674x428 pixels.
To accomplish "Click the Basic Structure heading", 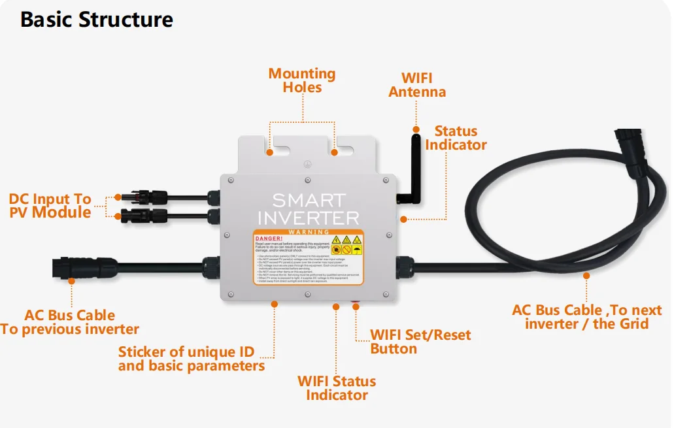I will point(97,20).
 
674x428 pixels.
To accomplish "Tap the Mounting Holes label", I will point(302,80).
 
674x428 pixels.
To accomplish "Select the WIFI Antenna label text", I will point(417,86).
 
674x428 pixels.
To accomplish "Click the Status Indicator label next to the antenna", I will point(456,138).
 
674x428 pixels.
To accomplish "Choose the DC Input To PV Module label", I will point(50,205).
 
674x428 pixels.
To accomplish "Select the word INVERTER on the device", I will point(309,218).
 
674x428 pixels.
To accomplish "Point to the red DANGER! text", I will point(269,239).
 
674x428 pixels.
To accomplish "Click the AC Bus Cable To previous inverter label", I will point(69,322).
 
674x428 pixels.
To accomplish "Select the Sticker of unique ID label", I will point(192,359).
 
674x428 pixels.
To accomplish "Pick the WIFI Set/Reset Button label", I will point(420,342).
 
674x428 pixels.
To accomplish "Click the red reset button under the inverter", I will point(356,305).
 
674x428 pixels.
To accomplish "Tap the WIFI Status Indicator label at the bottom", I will point(337,388).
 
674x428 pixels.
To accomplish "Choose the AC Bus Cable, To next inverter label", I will point(586,317).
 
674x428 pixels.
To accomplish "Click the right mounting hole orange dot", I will point(334,153).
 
